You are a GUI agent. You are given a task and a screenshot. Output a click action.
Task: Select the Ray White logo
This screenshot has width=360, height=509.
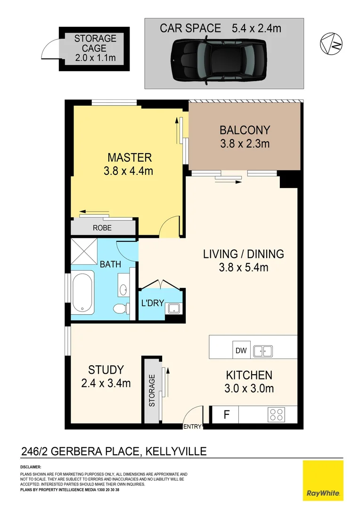coord(323,480)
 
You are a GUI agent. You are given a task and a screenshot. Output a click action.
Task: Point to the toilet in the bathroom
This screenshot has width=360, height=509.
coord(121,309)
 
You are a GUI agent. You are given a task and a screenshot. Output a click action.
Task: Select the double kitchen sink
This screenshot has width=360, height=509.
coord(262,351)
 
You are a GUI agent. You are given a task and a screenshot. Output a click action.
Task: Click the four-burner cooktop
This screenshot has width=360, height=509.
coord(276,415)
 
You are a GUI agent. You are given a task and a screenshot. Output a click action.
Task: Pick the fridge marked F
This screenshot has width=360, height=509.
coord(226,415)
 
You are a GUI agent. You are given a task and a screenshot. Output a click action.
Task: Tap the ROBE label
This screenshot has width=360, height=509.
coord(102,228)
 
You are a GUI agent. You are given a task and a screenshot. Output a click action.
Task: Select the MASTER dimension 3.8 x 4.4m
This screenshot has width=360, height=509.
coord(128,171)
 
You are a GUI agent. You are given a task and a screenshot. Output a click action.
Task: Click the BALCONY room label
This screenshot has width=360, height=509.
coord(245,130)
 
